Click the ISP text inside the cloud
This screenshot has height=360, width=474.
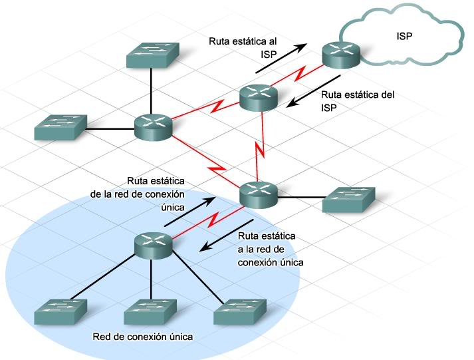click(x=403, y=37)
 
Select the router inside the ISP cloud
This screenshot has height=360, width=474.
click(x=342, y=55)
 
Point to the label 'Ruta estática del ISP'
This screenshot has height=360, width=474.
click(x=357, y=100)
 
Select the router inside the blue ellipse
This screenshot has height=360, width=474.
click(x=154, y=245)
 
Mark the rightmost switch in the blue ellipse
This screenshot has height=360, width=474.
click(x=240, y=310)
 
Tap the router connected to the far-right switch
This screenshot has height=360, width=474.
click(x=258, y=194)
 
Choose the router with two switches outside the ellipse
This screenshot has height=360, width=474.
click(x=153, y=126)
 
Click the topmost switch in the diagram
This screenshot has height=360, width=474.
click(x=150, y=54)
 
